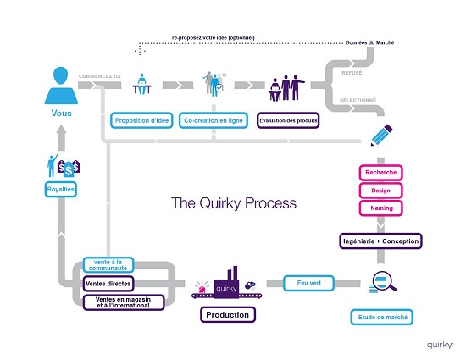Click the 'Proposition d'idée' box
[141, 120]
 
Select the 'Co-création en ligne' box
[213, 120]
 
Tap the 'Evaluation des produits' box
[288, 120]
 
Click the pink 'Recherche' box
[380, 173]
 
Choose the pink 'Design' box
[380, 191]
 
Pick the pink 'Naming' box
[380, 208]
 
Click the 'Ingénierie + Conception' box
[380, 241]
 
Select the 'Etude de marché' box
[382, 318]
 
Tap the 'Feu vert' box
[308, 283]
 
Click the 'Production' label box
[228, 314]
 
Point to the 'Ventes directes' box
[108, 284]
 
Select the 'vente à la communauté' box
[108, 264]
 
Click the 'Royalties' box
[61, 189]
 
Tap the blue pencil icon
[381, 136]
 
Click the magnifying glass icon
[384, 281]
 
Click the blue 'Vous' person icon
[61, 86]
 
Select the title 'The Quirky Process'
[234, 203]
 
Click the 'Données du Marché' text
[369, 42]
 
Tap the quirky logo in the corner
[440, 345]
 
